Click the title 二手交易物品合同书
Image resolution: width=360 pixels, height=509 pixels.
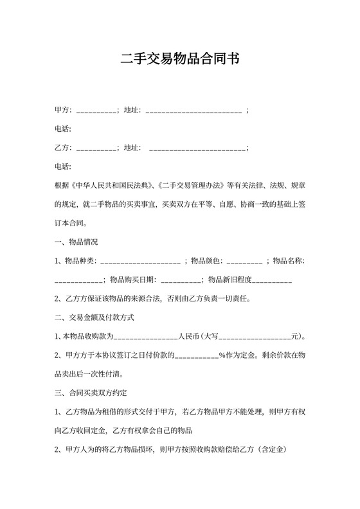coord(180,60)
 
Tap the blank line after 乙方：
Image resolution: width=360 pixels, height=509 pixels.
coord(96,148)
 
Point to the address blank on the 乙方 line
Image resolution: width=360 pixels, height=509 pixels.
coord(197,148)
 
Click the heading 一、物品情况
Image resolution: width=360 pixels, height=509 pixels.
coord(76,242)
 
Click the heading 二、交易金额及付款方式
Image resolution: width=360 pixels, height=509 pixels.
coord(94,317)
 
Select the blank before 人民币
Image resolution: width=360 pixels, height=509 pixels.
coord(145,336)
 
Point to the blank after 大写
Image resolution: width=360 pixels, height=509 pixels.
coord(255,336)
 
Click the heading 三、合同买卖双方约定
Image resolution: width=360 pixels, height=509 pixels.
coord(94,392)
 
